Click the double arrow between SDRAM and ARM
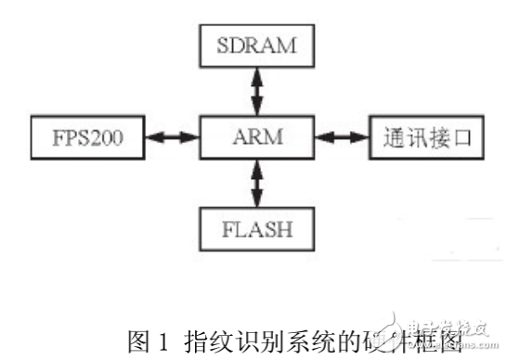(257, 92)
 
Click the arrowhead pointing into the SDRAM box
(257, 74)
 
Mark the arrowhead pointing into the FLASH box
(257, 199)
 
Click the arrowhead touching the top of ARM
(257, 110)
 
